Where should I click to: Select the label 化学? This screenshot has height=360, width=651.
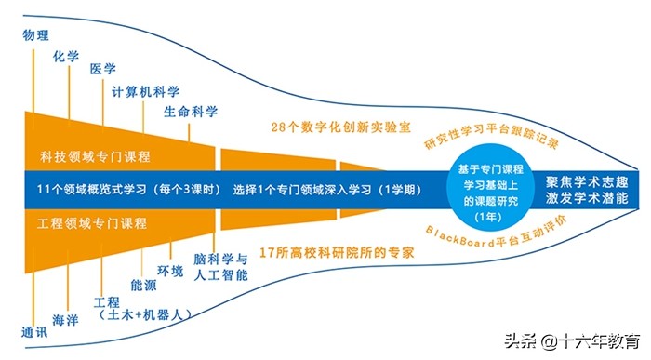(x=67, y=57)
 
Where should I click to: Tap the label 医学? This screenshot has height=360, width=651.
(x=102, y=71)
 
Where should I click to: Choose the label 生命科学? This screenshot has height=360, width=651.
(x=191, y=113)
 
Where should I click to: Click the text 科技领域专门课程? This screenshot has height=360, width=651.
(x=96, y=155)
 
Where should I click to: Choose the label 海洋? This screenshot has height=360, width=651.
(x=65, y=320)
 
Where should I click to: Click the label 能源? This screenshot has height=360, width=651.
(x=143, y=285)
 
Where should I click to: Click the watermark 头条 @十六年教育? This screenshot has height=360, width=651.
(x=585, y=341)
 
